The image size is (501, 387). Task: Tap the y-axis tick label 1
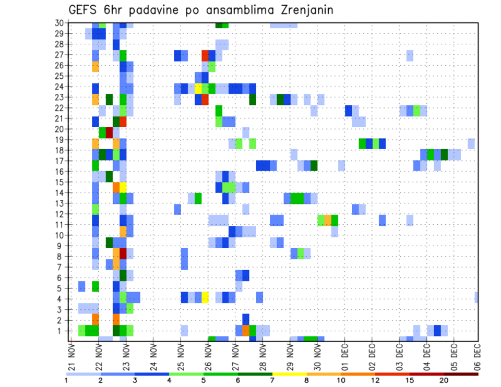click(x=61, y=331)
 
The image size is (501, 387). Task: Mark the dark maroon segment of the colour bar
click(x=461, y=374)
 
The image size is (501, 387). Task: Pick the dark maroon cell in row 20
click(x=110, y=131)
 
